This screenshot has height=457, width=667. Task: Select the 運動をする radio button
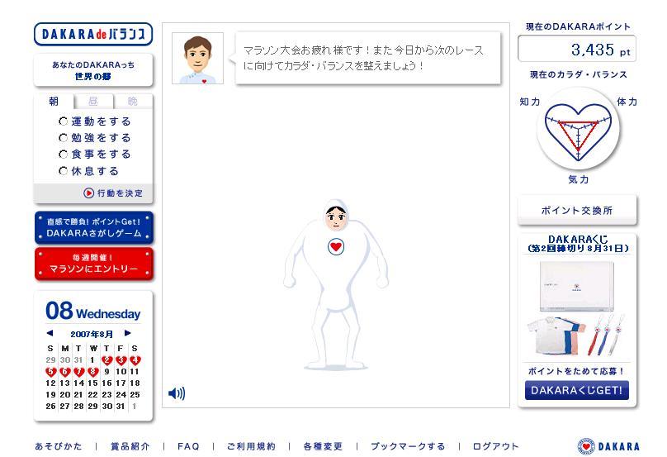click(64, 121)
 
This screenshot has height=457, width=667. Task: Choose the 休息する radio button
click(64, 171)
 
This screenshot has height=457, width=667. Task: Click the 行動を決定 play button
click(88, 193)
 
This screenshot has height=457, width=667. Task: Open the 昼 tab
click(93, 102)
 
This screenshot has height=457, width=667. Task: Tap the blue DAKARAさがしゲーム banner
click(93, 228)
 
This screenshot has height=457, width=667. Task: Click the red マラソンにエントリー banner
click(93, 264)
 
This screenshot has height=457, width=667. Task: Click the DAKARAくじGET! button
click(577, 390)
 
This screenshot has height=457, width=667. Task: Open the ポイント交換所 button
click(577, 211)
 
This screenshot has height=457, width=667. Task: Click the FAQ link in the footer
click(188, 446)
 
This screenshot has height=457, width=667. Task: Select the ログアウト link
click(495, 446)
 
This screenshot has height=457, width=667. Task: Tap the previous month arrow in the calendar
click(50, 333)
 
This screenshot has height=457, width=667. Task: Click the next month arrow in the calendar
click(128, 333)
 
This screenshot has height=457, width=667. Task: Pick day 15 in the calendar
click(92, 383)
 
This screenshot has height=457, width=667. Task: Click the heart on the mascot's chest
click(336, 246)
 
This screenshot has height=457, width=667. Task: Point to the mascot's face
click(336, 217)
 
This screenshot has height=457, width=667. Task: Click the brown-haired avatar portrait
click(198, 59)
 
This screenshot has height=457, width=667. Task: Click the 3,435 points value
click(593, 50)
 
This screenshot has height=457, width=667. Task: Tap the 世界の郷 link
click(93, 77)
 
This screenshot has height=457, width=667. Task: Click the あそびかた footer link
click(59, 446)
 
